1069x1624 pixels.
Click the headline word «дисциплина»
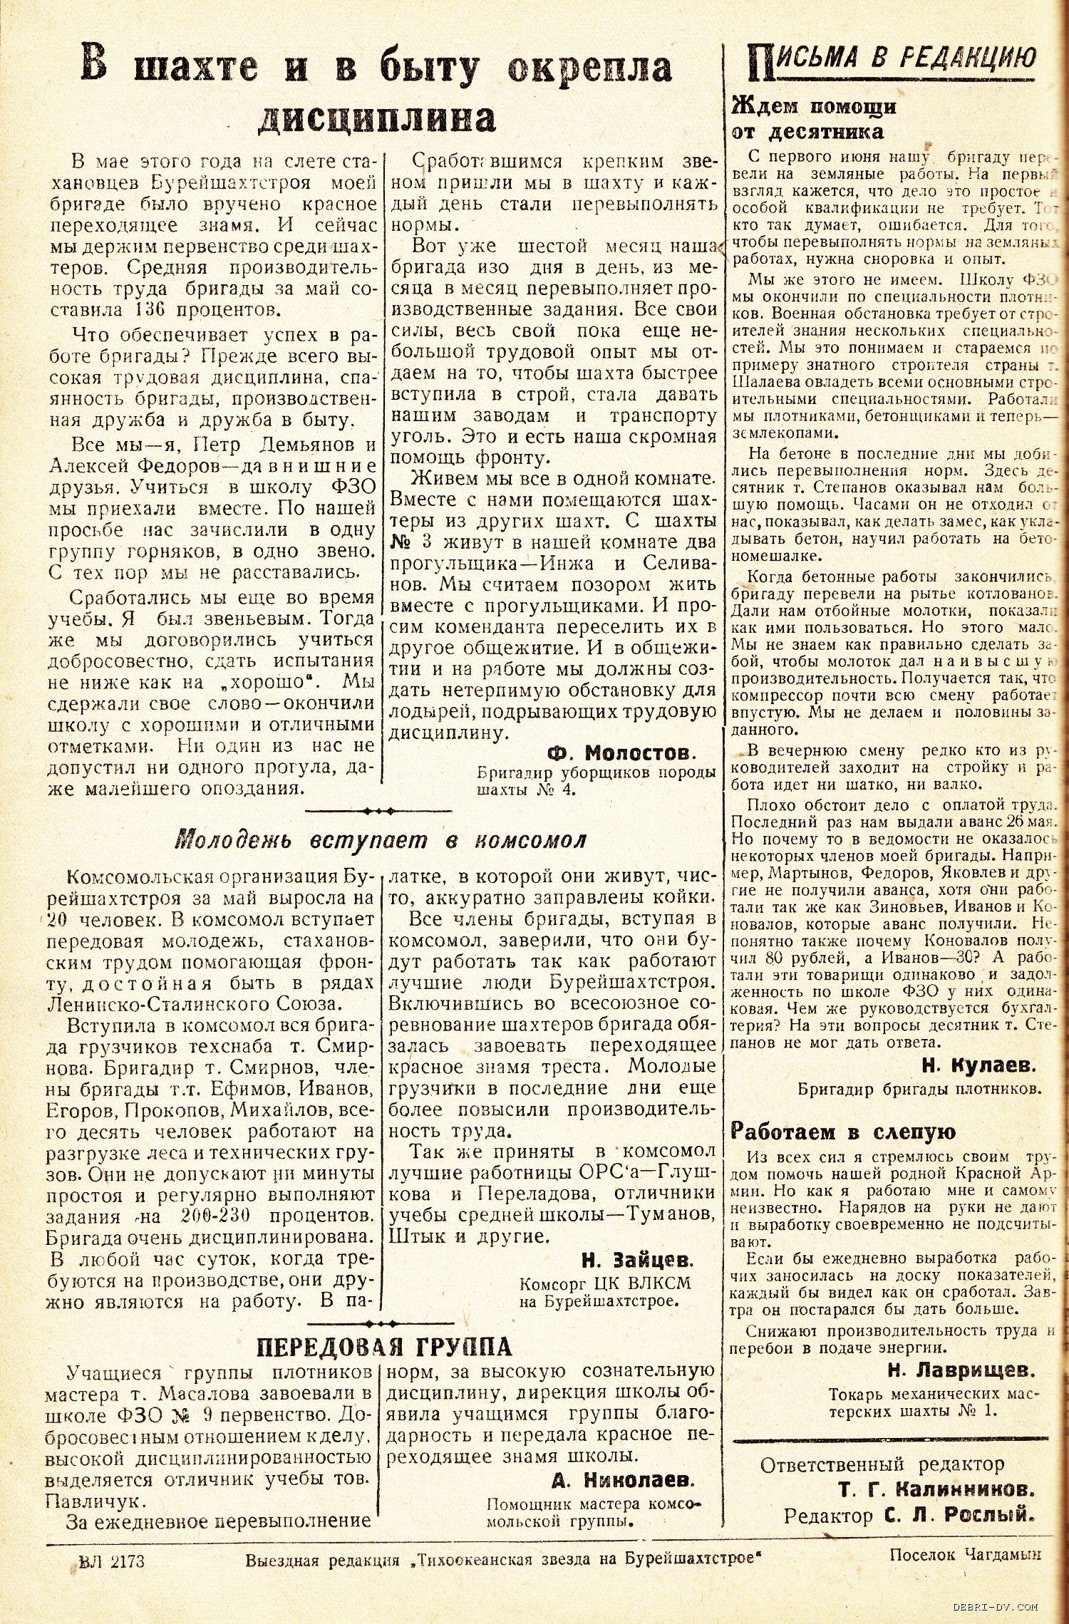376,118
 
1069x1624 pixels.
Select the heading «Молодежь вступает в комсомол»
381,841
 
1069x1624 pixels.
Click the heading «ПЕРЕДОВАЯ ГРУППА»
383,1346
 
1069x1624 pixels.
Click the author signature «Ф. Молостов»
620,753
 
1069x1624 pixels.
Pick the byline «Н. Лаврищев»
961,1370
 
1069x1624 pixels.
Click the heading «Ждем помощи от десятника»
812,119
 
